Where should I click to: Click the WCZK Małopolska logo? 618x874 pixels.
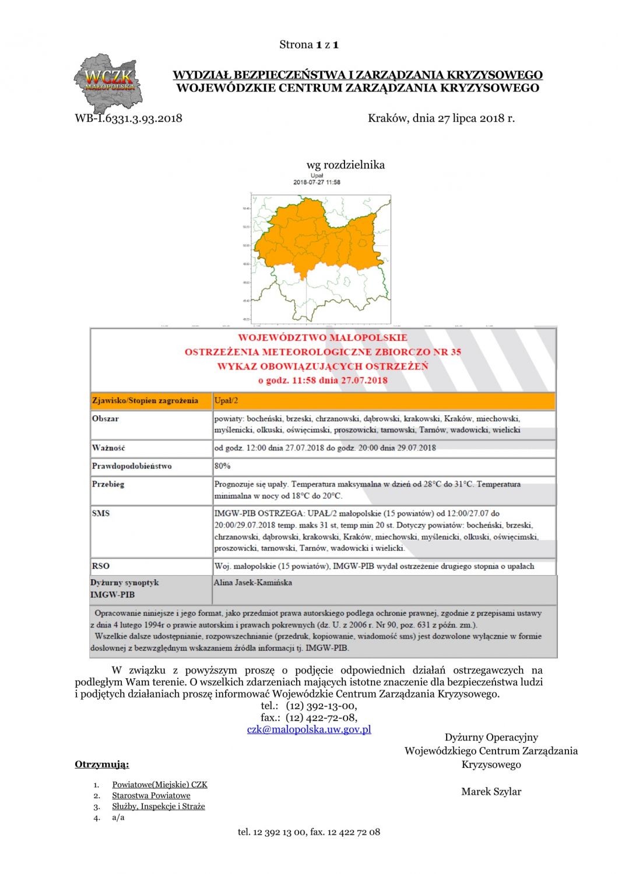click(108, 83)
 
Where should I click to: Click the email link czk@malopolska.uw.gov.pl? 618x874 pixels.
click(309, 729)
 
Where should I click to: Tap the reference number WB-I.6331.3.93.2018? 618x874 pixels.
click(128, 118)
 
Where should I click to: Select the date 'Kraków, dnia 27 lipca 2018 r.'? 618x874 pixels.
click(441, 118)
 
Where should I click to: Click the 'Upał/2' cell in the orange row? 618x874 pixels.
click(226, 401)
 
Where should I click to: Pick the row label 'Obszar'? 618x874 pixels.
click(106, 418)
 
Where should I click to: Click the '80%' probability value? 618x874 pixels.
click(222, 466)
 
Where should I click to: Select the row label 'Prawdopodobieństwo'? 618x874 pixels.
click(132, 466)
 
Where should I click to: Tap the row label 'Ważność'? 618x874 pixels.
click(108, 448)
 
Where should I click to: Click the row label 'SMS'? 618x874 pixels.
click(100, 513)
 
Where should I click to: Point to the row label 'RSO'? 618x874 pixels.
click(100, 566)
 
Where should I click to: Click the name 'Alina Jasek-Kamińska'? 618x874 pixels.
click(252, 582)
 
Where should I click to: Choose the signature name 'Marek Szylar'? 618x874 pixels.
click(491, 791)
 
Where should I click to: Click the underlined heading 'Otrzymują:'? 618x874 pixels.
click(102, 764)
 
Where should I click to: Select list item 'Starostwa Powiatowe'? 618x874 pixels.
click(151, 795)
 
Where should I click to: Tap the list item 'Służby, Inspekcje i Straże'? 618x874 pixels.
click(159, 806)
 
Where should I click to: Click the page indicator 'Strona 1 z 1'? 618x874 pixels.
click(309, 45)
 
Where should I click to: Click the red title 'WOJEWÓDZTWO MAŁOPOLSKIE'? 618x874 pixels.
click(322, 337)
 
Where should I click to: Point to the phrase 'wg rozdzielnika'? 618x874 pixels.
click(345, 165)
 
